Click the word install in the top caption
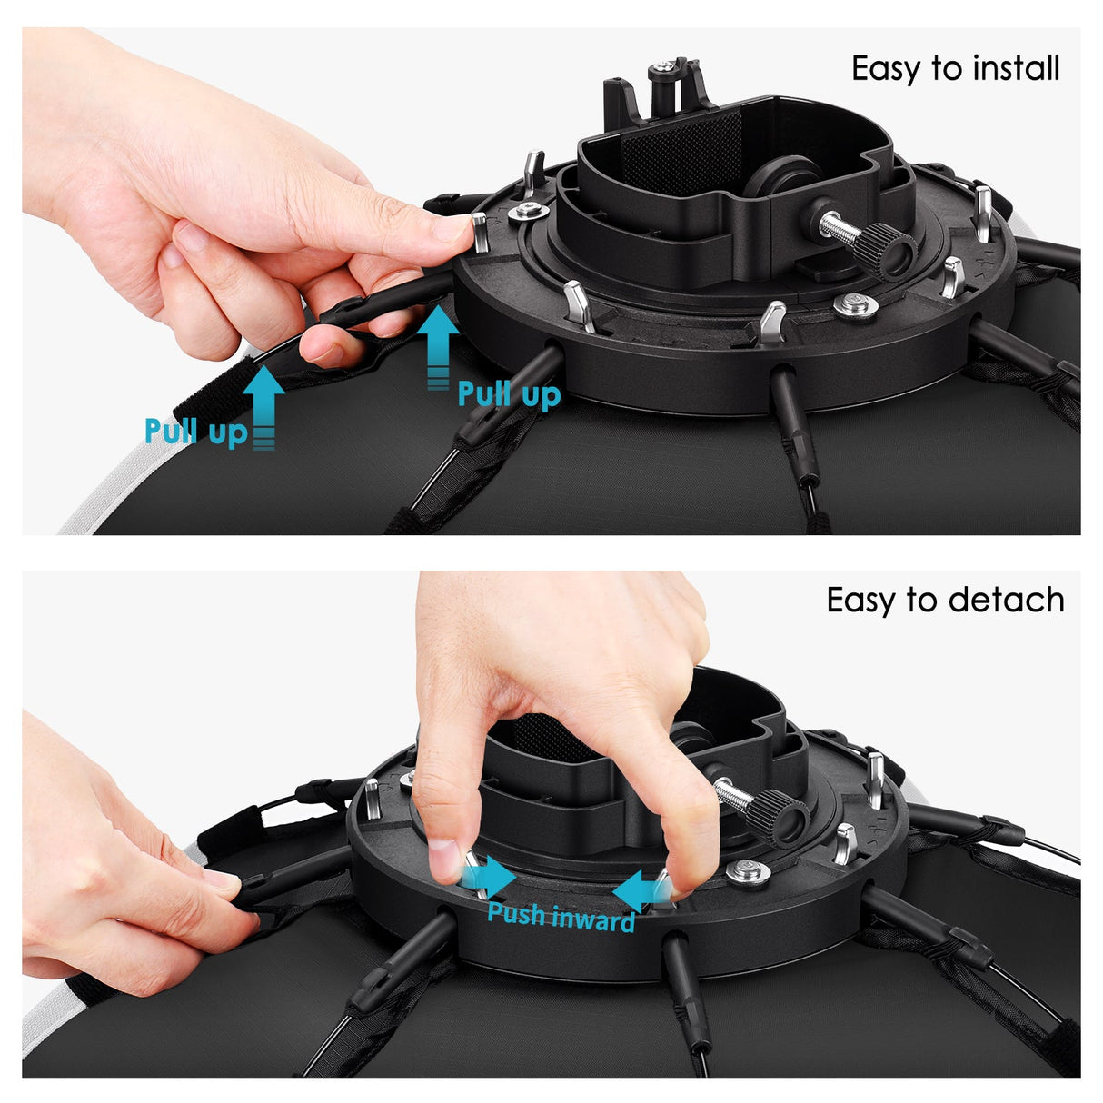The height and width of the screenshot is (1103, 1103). pos(1015,68)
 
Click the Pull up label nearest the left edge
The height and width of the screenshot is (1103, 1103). pos(195,431)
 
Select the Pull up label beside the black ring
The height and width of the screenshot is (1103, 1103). pos(509,394)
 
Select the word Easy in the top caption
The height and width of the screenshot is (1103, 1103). pos(885,68)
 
